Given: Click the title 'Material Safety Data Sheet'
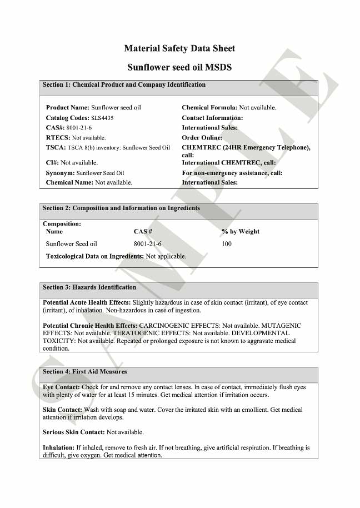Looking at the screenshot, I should (x=179, y=49).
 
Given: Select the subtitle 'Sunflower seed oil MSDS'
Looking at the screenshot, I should (x=179, y=68).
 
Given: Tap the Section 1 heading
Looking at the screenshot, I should (x=124, y=85).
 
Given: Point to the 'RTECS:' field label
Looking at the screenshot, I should (x=58, y=137).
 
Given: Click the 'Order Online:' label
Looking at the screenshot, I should (x=202, y=137).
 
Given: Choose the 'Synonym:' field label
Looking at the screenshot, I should (x=60, y=173).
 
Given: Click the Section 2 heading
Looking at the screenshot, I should (x=121, y=208).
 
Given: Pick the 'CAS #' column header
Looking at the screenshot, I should (x=143, y=232).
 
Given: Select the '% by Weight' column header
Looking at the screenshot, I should (x=240, y=232).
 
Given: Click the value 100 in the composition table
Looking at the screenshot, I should (x=227, y=244).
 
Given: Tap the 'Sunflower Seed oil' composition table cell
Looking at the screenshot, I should (x=72, y=244).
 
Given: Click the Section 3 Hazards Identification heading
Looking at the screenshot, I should (x=89, y=288).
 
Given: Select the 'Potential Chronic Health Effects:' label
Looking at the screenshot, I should (x=90, y=326).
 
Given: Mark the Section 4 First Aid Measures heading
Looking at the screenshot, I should (x=85, y=372).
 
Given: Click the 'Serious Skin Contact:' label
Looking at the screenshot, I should (x=73, y=432).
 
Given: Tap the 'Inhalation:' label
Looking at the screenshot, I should (x=58, y=447).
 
